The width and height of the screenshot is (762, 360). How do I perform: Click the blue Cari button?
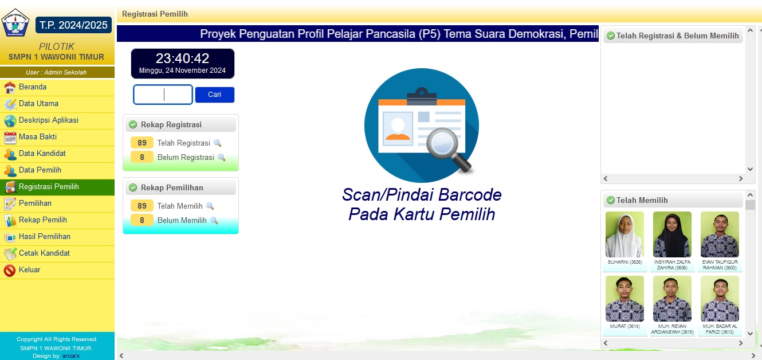[215, 95]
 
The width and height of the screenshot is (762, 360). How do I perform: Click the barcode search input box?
[163, 95]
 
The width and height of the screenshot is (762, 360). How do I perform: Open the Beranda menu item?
[33, 87]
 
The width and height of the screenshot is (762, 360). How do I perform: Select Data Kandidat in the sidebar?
[42, 154]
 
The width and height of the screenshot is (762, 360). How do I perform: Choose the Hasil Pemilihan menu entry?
[45, 237]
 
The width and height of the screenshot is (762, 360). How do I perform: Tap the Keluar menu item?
[30, 270]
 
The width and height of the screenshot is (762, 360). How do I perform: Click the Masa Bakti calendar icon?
[10, 138]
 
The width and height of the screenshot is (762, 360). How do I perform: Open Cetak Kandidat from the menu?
[44, 253]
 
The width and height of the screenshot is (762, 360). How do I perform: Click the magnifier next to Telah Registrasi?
[217, 143]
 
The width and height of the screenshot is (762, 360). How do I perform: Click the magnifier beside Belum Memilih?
[214, 221]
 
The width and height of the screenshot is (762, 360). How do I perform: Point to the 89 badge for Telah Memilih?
[142, 206]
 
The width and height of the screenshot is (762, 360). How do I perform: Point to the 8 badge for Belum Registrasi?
[142, 157]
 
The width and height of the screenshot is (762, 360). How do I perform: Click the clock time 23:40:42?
[182, 58]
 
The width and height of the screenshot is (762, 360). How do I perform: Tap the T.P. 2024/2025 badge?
[73, 25]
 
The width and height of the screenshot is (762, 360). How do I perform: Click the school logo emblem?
[15, 23]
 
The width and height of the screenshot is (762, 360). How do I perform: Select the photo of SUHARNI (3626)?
[624, 234]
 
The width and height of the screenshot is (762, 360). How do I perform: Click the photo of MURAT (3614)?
[624, 299]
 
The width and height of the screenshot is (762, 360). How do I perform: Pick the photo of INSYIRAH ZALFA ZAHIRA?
[672, 234]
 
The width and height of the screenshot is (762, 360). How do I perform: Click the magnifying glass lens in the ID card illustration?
[442, 143]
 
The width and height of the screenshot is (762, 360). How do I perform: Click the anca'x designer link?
[71, 356]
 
